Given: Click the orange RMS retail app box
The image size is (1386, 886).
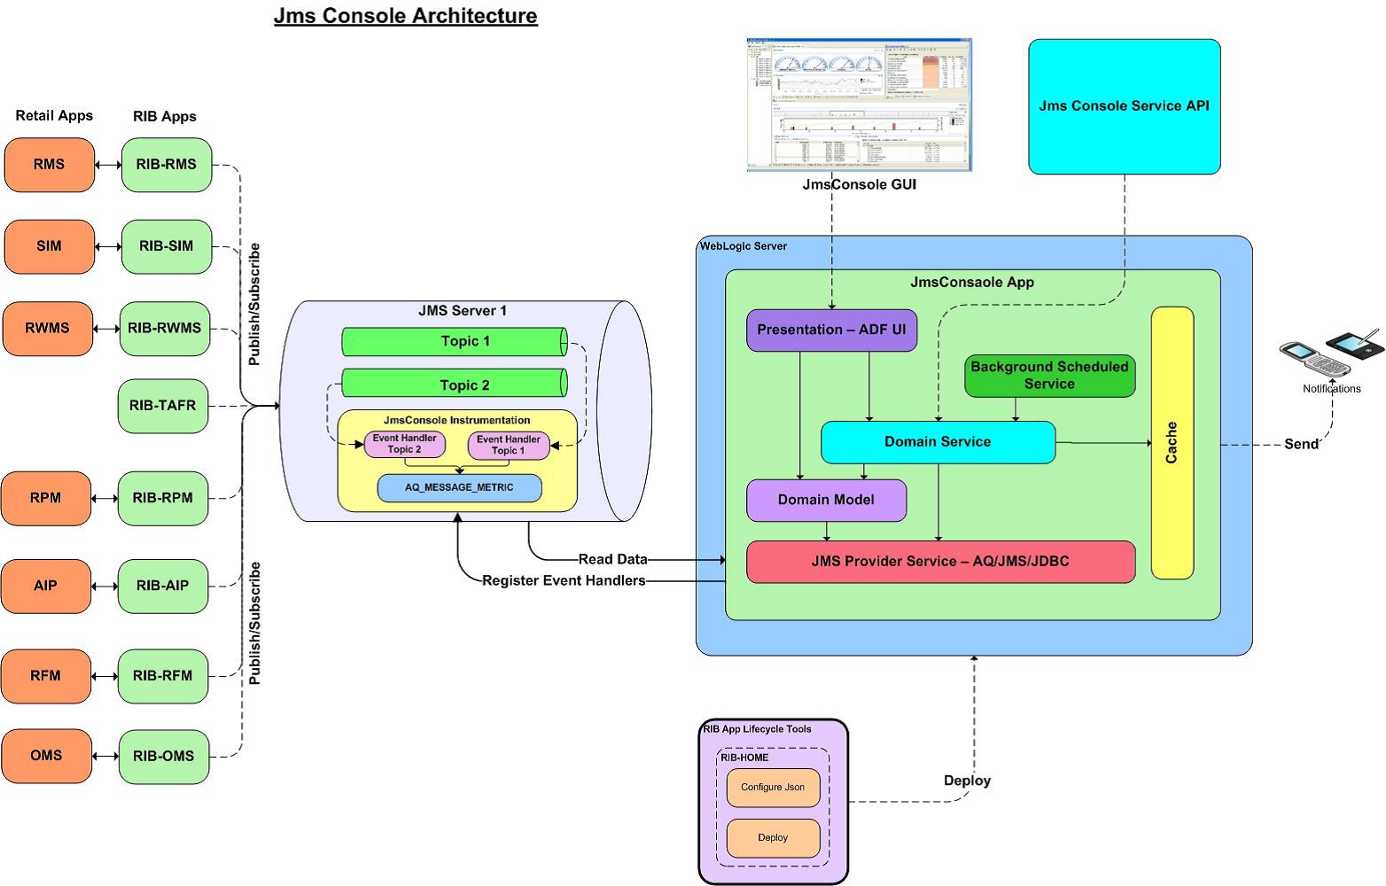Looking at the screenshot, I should pos(50,165).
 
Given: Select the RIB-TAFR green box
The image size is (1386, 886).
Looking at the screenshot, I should pos(163,406).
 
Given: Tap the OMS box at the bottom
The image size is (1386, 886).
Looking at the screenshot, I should pos(47,756).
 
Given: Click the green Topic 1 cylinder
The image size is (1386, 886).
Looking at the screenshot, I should pos(455,342).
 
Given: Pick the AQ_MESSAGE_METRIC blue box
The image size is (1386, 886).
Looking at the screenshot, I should pos(459,487).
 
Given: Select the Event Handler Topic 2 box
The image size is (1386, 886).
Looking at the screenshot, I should pos(405,444).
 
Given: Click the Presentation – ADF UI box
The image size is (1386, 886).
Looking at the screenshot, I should pos(831,330).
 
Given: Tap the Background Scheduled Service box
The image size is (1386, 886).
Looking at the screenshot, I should pos(1049,376).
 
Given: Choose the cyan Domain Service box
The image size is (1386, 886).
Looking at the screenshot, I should pos(938,442).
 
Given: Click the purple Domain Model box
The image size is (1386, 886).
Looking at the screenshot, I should pos(826,500).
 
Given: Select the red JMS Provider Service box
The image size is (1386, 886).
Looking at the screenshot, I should pos(940,562).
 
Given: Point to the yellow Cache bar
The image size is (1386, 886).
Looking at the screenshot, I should pos(1172,443).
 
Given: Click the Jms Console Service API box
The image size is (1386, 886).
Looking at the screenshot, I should pos(1124,106).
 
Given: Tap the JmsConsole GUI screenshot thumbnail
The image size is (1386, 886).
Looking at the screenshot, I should pos(859,105).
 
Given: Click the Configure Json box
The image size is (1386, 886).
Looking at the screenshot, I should pos(773,788).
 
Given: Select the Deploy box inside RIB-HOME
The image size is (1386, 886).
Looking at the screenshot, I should pos(773,838).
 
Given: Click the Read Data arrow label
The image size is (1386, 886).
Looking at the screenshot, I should pos(612,559).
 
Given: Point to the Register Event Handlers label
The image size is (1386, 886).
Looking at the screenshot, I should pos(564,580).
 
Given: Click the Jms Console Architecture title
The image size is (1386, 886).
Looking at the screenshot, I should pos(405,16).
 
